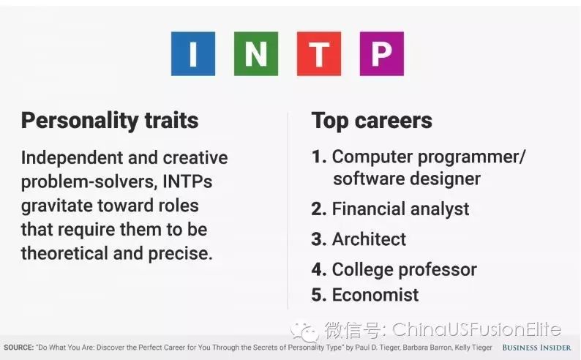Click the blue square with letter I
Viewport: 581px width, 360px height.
coord(193,53)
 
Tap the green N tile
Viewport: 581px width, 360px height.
coord(256,53)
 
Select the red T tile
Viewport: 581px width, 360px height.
coord(319,53)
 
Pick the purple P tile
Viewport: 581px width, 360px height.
coord(382,53)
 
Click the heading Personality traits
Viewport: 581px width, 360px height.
coord(110,121)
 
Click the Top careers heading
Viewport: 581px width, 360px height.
coord(372,121)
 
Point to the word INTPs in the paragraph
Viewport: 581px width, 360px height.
coord(187,181)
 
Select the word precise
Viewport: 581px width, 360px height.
coord(181,253)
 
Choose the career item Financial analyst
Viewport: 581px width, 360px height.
coord(400,209)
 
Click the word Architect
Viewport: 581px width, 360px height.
coord(369,239)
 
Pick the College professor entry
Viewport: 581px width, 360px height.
coord(404,269)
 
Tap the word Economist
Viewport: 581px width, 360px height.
coord(375,295)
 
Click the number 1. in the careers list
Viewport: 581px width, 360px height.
coord(319,157)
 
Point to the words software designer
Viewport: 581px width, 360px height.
coord(407,179)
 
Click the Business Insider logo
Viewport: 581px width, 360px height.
coord(536,348)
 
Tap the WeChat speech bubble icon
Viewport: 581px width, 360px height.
coord(304,331)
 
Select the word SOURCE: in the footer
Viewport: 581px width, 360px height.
coord(18,348)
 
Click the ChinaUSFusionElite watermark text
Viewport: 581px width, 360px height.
coord(476,329)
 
